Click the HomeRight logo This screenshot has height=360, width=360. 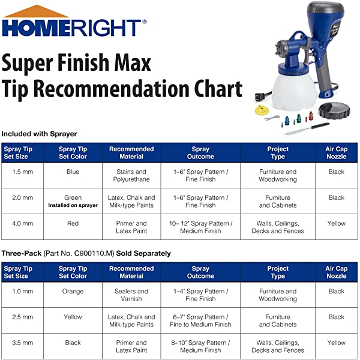[73, 26]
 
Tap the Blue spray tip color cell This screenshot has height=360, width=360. [73, 172]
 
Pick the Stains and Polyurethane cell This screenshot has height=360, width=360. [131, 175]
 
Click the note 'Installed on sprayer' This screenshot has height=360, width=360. [73, 205]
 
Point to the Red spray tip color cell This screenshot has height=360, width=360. [73, 223]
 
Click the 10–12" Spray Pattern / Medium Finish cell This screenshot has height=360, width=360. [200, 227]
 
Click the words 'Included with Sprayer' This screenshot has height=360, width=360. [39, 133]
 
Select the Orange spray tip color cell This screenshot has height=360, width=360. [73, 291]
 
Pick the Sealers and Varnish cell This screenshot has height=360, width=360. [131, 295]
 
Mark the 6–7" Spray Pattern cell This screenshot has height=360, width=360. [200, 320]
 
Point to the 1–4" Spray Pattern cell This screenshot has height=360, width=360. [200, 295]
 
